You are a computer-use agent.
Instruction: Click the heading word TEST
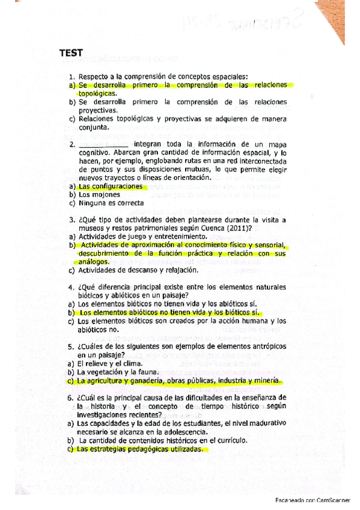coord(71,53)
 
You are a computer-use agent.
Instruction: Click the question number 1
coord(71,76)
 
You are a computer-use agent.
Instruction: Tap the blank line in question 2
coord(103,144)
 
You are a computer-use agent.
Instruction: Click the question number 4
coord(71,287)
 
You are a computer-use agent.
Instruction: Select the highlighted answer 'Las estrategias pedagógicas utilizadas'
coord(141,449)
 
